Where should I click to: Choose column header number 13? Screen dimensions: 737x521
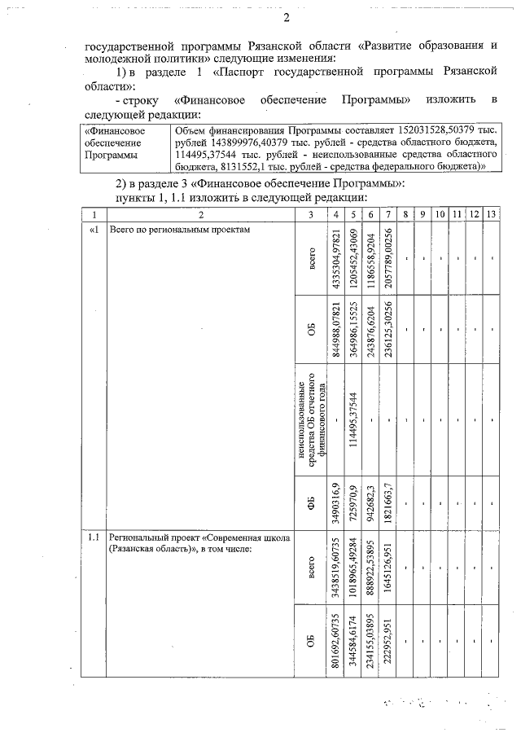pyautogui.click(x=490, y=213)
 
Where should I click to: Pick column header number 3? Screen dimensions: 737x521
pyautogui.click(x=310, y=213)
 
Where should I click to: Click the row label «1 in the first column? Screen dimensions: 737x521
pyautogui.click(x=94, y=229)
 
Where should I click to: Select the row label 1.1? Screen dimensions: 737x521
pyautogui.click(x=94, y=537)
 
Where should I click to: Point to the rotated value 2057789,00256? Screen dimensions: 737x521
pyautogui.click(x=388, y=263)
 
